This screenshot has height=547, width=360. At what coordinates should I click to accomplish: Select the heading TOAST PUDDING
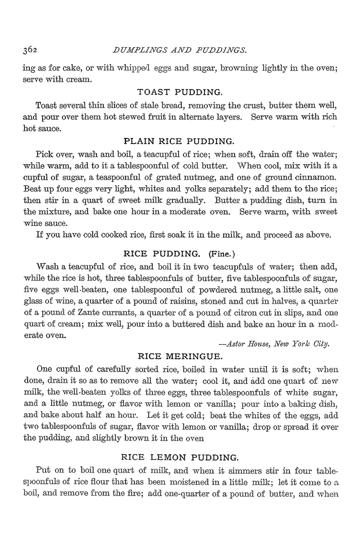pyautogui.click(x=180, y=93)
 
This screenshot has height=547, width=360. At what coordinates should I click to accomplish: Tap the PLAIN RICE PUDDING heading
pyautogui.click(x=180, y=140)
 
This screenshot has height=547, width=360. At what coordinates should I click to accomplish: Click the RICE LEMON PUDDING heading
pyautogui.click(x=179, y=456)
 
